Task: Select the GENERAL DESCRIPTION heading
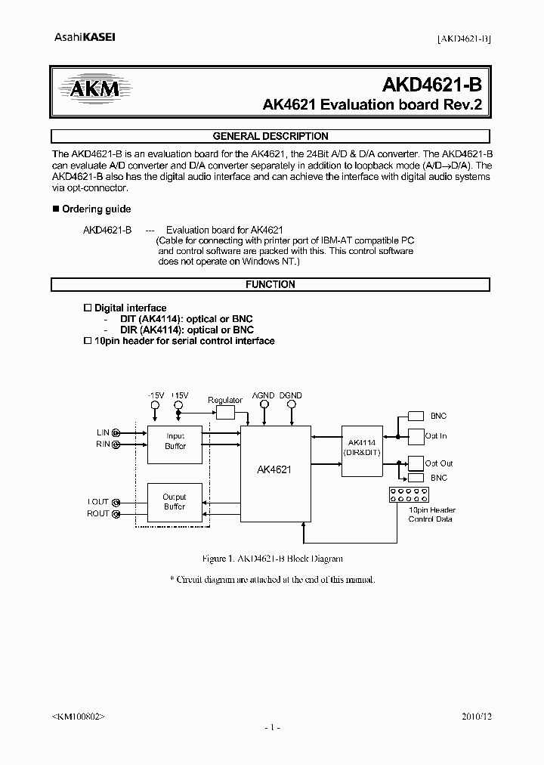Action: click(270, 137)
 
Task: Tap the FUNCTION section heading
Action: click(270, 285)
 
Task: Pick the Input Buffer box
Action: click(175, 441)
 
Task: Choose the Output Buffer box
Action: click(175, 502)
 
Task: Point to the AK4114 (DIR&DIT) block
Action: click(362, 446)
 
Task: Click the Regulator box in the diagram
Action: click(225, 412)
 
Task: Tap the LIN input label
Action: click(104, 432)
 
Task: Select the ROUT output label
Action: click(98, 514)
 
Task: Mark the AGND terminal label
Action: click(263, 395)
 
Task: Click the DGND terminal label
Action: click(290, 395)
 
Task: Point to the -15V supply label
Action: click(155, 395)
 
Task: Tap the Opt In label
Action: click(436, 436)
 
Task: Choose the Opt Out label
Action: click(438, 463)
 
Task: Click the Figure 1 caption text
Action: click(273, 559)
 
